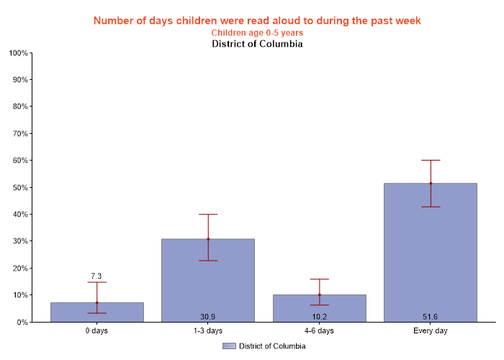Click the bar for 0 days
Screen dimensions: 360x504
[97, 312]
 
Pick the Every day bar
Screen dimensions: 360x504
[431, 252]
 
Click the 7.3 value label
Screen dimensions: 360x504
[96, 276]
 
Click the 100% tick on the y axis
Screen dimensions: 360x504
[18, 53]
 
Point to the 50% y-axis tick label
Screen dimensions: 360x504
[19, 187]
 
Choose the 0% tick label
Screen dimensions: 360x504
[22, 322]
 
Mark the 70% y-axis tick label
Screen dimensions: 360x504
[19, 133]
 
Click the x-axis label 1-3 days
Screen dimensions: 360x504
[208, 331]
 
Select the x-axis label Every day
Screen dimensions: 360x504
[431, 331]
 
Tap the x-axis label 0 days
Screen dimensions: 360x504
[97, 331]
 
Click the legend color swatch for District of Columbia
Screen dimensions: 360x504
[229, 346]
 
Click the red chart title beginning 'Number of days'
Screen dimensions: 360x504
[257, 20]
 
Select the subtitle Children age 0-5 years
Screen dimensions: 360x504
[257, 32]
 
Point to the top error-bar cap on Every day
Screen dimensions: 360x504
[431, 160]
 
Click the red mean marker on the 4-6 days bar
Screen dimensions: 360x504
[319, 294]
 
